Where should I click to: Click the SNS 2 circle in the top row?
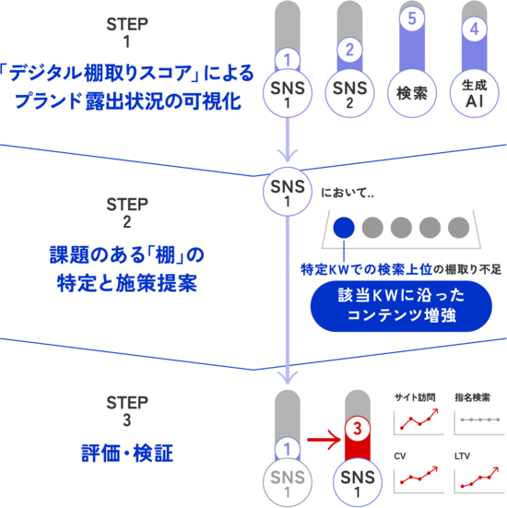point(349,93)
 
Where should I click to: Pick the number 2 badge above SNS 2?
point(349,51)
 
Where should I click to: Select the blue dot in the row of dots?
point(345,227)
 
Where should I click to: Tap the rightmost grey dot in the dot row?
point(459,227)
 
